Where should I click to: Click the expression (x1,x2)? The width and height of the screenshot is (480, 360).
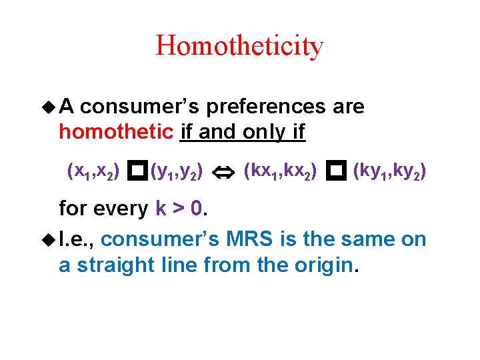pyautogui.click(x=94, y=173)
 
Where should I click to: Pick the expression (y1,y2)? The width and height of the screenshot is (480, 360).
pyautogui.click(x=177, y=173)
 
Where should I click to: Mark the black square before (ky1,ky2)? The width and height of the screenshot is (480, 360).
pyautogui.click(x=336, y=173)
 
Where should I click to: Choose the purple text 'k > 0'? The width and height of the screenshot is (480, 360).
pyautogui.click(x=179, y=209)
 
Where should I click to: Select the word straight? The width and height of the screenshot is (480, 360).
pyautogui.click(x=119, y=265)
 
